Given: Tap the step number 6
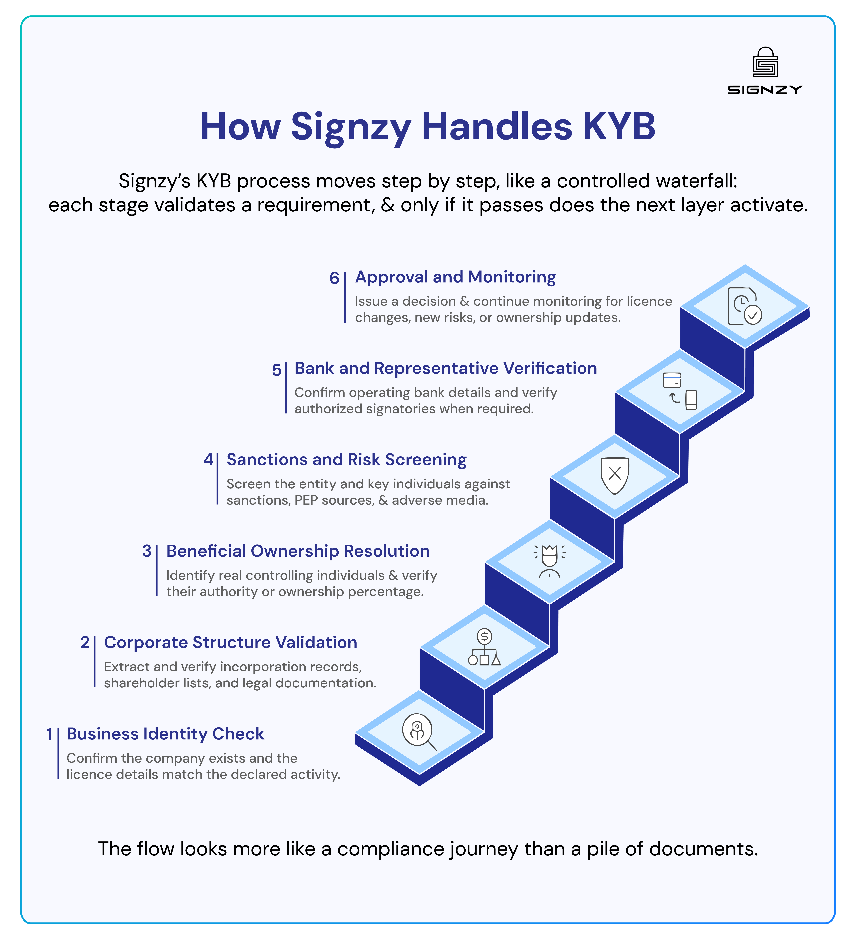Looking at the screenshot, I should click(334, 278).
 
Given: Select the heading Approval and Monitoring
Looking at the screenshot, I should click(455, 277).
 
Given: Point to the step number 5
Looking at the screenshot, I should click(276, 370).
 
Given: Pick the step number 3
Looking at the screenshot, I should click(147, 551).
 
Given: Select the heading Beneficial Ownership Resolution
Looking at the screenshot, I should click(298, 551).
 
